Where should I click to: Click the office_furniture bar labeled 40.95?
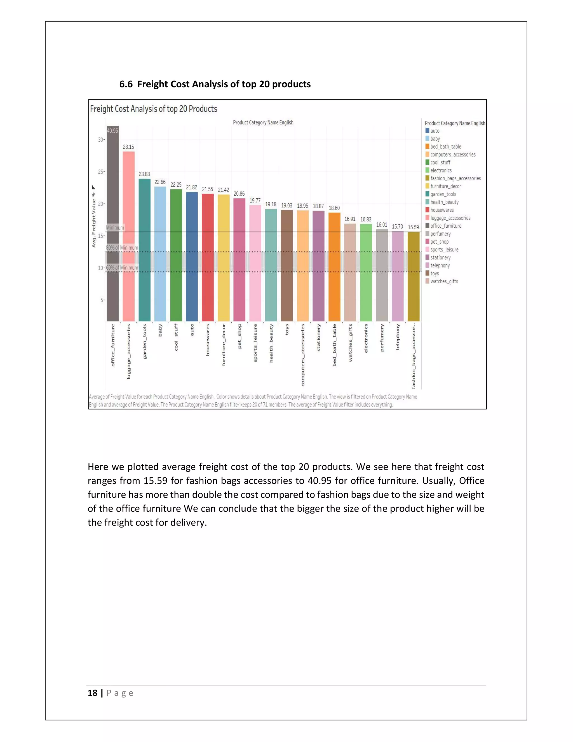(113, 224)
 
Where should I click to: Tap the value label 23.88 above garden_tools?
(144, 174)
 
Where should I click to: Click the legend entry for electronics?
(441, 171)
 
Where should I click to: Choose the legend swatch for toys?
(428, 273)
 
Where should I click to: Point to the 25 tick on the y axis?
(101, 172)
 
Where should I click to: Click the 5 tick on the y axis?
(102, 300)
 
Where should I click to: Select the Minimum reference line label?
(115, 228)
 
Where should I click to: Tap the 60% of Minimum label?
(122, 268)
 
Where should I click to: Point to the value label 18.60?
(334, 208)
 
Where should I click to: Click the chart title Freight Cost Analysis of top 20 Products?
(153, 109)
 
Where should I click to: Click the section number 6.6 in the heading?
(126, 84)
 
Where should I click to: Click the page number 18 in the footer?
(92, 693)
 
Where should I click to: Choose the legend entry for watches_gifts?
(444, 281)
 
